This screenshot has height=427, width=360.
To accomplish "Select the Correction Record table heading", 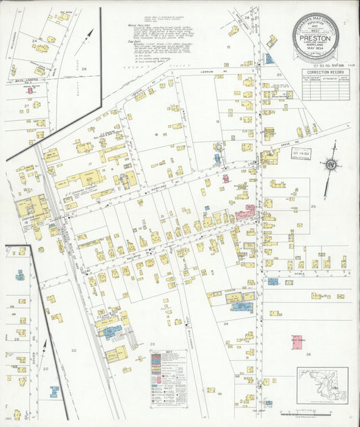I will point(326,72).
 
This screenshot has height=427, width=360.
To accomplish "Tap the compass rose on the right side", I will point(330,164).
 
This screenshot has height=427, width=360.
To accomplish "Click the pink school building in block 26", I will point(297,341).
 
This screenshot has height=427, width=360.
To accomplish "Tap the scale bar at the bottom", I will point(311,412).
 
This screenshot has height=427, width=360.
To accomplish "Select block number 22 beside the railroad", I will point(74,350).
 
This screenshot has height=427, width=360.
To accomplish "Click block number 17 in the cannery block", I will point(88,164).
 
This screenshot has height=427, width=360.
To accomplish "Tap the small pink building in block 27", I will point(29,87).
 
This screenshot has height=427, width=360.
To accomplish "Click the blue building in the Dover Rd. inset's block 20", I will point(53,391).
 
